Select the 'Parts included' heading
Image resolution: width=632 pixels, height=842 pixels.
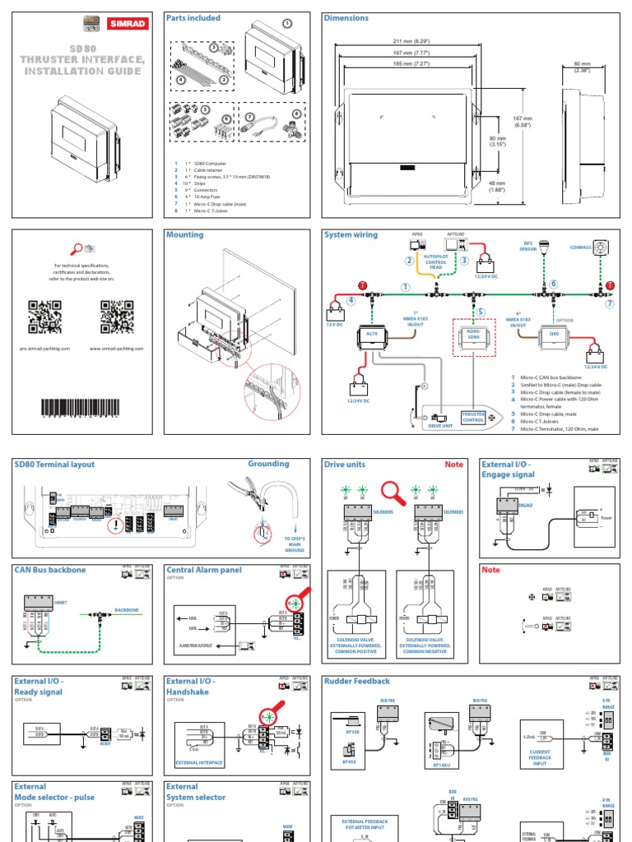click(x=194, y=17)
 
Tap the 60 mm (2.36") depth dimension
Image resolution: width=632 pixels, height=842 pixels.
click(x=582, y=66)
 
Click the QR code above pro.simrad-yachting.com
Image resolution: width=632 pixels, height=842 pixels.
click(x=45, y=317)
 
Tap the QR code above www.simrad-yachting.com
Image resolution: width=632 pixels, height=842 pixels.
click(x=118, y=317)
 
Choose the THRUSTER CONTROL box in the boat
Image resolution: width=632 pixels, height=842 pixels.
click(x=473, y=417)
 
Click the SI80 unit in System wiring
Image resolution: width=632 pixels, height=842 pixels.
click(x=554, y=335)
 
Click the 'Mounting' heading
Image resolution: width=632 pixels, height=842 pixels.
click(x=184, y=235)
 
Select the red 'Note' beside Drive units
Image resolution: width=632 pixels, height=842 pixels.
click(x=454, y=465)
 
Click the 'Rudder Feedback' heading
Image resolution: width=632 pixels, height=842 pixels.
click(x=357, y=682)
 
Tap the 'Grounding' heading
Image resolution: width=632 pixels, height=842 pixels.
click(x=268, y=465)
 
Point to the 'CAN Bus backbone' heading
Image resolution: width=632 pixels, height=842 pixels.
click(x=50, y=570)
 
